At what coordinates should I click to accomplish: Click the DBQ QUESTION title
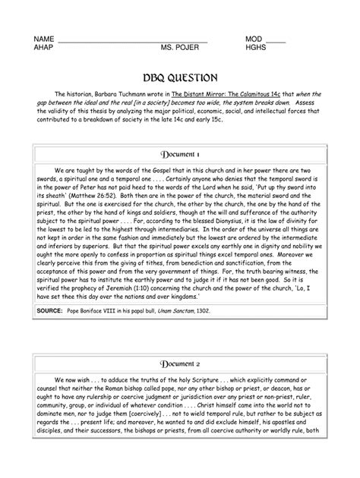pos(181,78)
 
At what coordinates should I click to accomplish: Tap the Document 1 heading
pos(180,153)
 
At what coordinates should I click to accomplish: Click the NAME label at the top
pos(44,39)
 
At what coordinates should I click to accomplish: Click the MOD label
pos(254,39)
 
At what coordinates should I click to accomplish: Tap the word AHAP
pos(44,47)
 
